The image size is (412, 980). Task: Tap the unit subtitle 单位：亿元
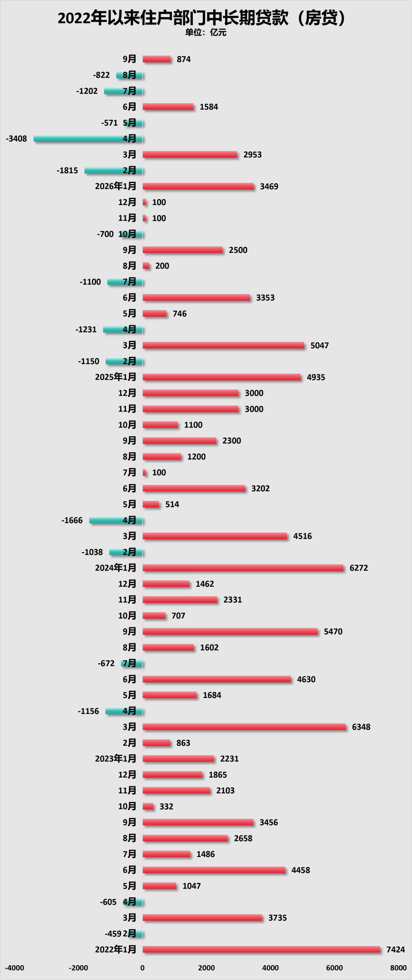[x=206, y=32]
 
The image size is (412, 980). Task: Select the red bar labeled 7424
[x=261, y=949]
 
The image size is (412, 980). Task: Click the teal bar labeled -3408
[x=88, y=139]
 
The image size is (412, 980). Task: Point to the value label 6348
[x=361, y=727]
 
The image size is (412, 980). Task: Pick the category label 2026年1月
[x=116, y=186]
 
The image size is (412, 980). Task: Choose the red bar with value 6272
[x=243, y=568]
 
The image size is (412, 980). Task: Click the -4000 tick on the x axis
[x=14, y=968]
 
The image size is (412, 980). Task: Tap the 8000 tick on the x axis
[x=398, y=968]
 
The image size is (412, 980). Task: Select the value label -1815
[x=67, y=170]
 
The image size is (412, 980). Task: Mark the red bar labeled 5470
[x=230, y=632]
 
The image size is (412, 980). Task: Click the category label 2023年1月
[x=116, y=758]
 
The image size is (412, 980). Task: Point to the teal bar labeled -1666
[x=116, y=520]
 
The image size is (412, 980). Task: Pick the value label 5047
[x=320, y=345]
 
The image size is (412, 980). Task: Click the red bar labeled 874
[x=157, y=59]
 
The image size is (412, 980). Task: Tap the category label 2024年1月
[x=116, y=568]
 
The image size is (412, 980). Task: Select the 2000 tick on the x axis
[x=206, y=968]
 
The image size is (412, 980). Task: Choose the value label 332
[x=166, y=806]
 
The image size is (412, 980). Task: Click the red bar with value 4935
[x=222, y=377]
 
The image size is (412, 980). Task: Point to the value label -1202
[x=87, y=91]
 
